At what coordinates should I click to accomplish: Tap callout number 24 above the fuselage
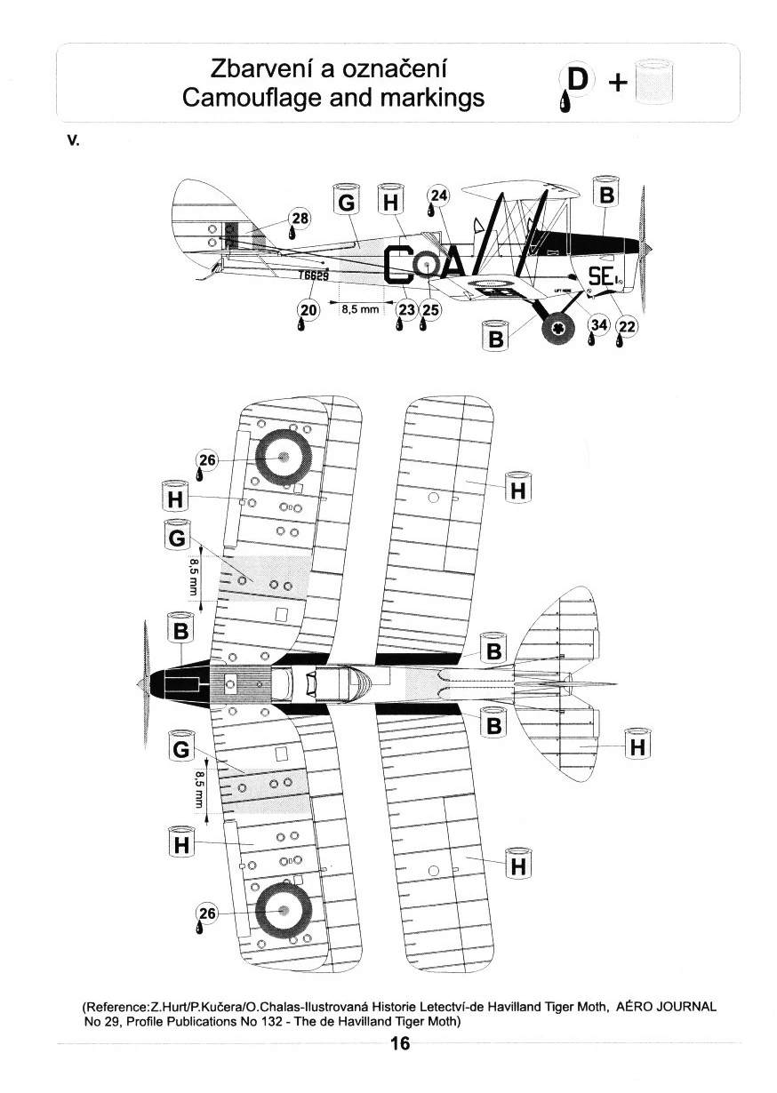coord(438,196)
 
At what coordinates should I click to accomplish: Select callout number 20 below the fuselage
coord(308,309)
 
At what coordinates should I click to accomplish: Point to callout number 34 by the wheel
coord(598,326)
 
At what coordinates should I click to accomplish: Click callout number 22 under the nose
coord(626,327)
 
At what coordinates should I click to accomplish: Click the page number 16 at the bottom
coord(400,1043)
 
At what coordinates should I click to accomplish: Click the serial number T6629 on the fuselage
coord(314,276)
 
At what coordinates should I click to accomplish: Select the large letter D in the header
coord(578,80)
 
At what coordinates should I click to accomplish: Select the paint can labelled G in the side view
coord(347,203)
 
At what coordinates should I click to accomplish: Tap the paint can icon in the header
coord(656,82)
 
